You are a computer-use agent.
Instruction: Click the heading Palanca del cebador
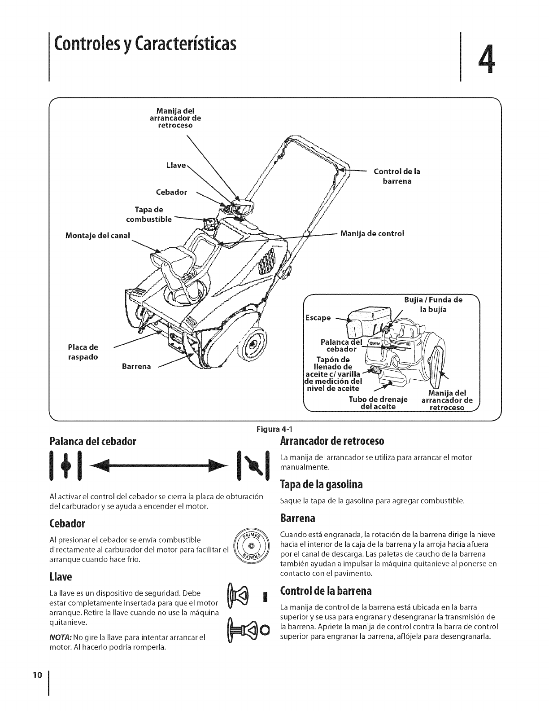[x=95, y=440]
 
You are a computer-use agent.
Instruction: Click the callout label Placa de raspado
[x=83, y=352]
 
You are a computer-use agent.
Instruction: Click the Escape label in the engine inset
[x=318, y=317]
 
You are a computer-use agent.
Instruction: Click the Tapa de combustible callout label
[x=148, y=215]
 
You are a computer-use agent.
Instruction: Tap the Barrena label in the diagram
[x=136, y=366]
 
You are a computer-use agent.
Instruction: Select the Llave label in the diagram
[x=176, y=165]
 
